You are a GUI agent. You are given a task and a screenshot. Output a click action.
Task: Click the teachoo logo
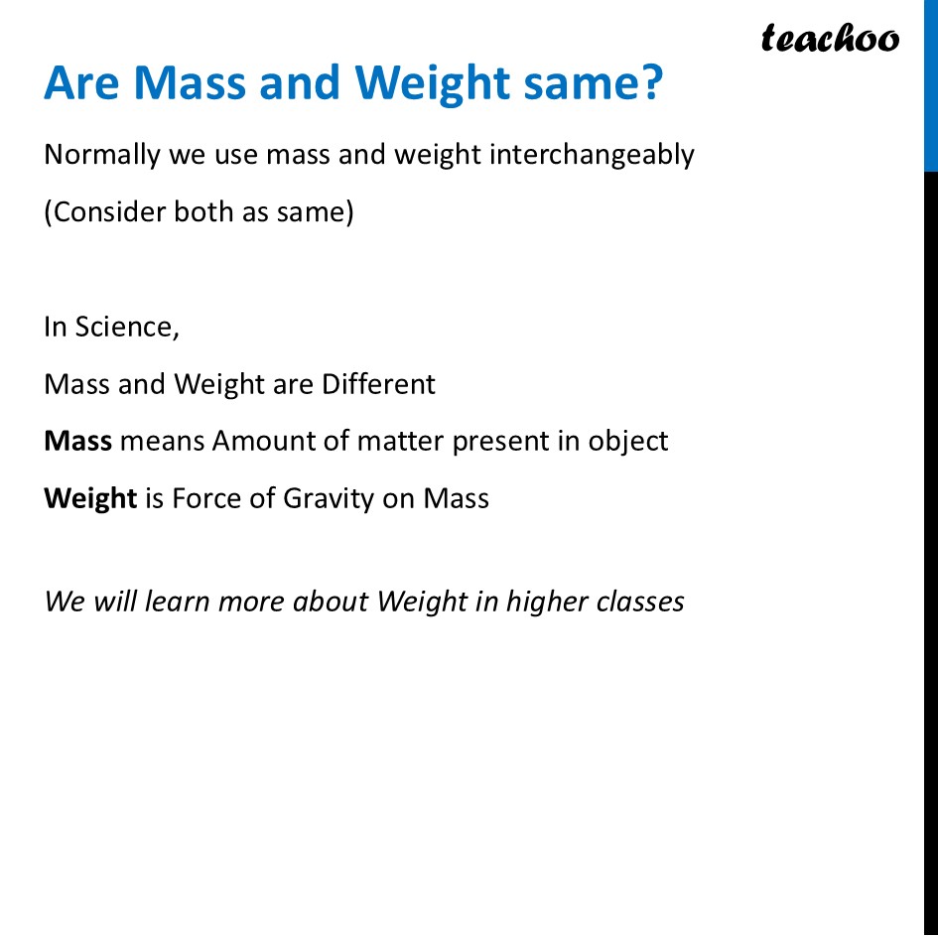(x=829, y=39)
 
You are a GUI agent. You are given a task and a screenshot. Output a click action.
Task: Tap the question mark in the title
(x=649, y=84)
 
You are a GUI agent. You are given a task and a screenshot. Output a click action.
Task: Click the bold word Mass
(x=77, y=441)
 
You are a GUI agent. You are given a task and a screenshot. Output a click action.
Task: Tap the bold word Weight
(x=90, y=497)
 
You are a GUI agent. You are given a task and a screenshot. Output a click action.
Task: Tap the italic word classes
(x=641, y=602)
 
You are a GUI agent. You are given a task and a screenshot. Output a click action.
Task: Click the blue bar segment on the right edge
(x=930, y=84)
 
